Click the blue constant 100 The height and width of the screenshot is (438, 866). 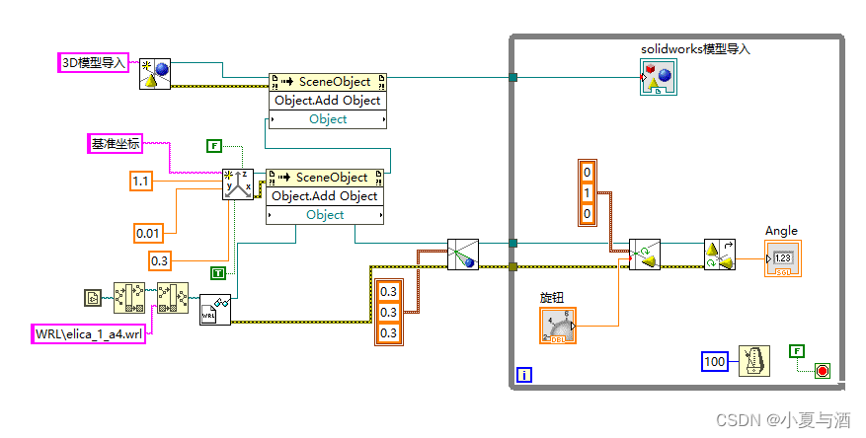tap(715, 362)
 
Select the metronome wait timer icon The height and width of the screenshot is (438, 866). tap(755, 362)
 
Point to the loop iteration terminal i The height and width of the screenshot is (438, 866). tap(523, 374)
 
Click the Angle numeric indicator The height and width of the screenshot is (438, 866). tap(782, 259)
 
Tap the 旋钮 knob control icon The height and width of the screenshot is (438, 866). tap(559, 325)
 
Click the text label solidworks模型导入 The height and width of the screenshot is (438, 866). tap(695, 48)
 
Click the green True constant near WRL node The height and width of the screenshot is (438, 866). tap(217, 272)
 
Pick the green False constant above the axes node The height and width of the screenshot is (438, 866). tap(214, 146)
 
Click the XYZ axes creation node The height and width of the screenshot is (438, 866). tap(238, 183)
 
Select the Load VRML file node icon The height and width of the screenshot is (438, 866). tap(215, 310)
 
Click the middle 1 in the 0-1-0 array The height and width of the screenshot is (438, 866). tap(587, 193)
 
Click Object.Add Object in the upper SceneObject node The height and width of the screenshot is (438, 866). tap(327, 101)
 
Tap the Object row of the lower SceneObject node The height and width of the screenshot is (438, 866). tap(325, 215)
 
